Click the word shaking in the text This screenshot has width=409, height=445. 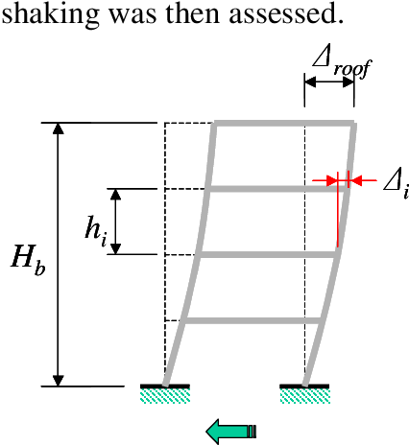point(50,14)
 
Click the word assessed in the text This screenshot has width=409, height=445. point(287,13)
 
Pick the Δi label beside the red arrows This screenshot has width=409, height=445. point(397,187)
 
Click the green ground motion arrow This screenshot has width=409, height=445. point(231,432)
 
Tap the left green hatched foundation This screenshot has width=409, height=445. point(165,396)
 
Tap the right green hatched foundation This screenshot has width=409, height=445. point(305,396)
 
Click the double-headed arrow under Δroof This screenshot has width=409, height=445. point(329,82)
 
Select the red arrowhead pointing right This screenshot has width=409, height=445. point(332,180)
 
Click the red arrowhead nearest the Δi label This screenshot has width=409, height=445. point(354,180)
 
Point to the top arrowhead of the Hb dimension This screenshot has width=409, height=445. point(58,129)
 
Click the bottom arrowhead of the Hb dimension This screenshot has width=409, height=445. point(58,380)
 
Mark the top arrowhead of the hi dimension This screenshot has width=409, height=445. point(116,195)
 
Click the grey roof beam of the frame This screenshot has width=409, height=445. point(284,123)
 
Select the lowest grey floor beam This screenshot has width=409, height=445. point(253,320)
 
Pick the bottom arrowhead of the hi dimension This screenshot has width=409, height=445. point(116,248)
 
